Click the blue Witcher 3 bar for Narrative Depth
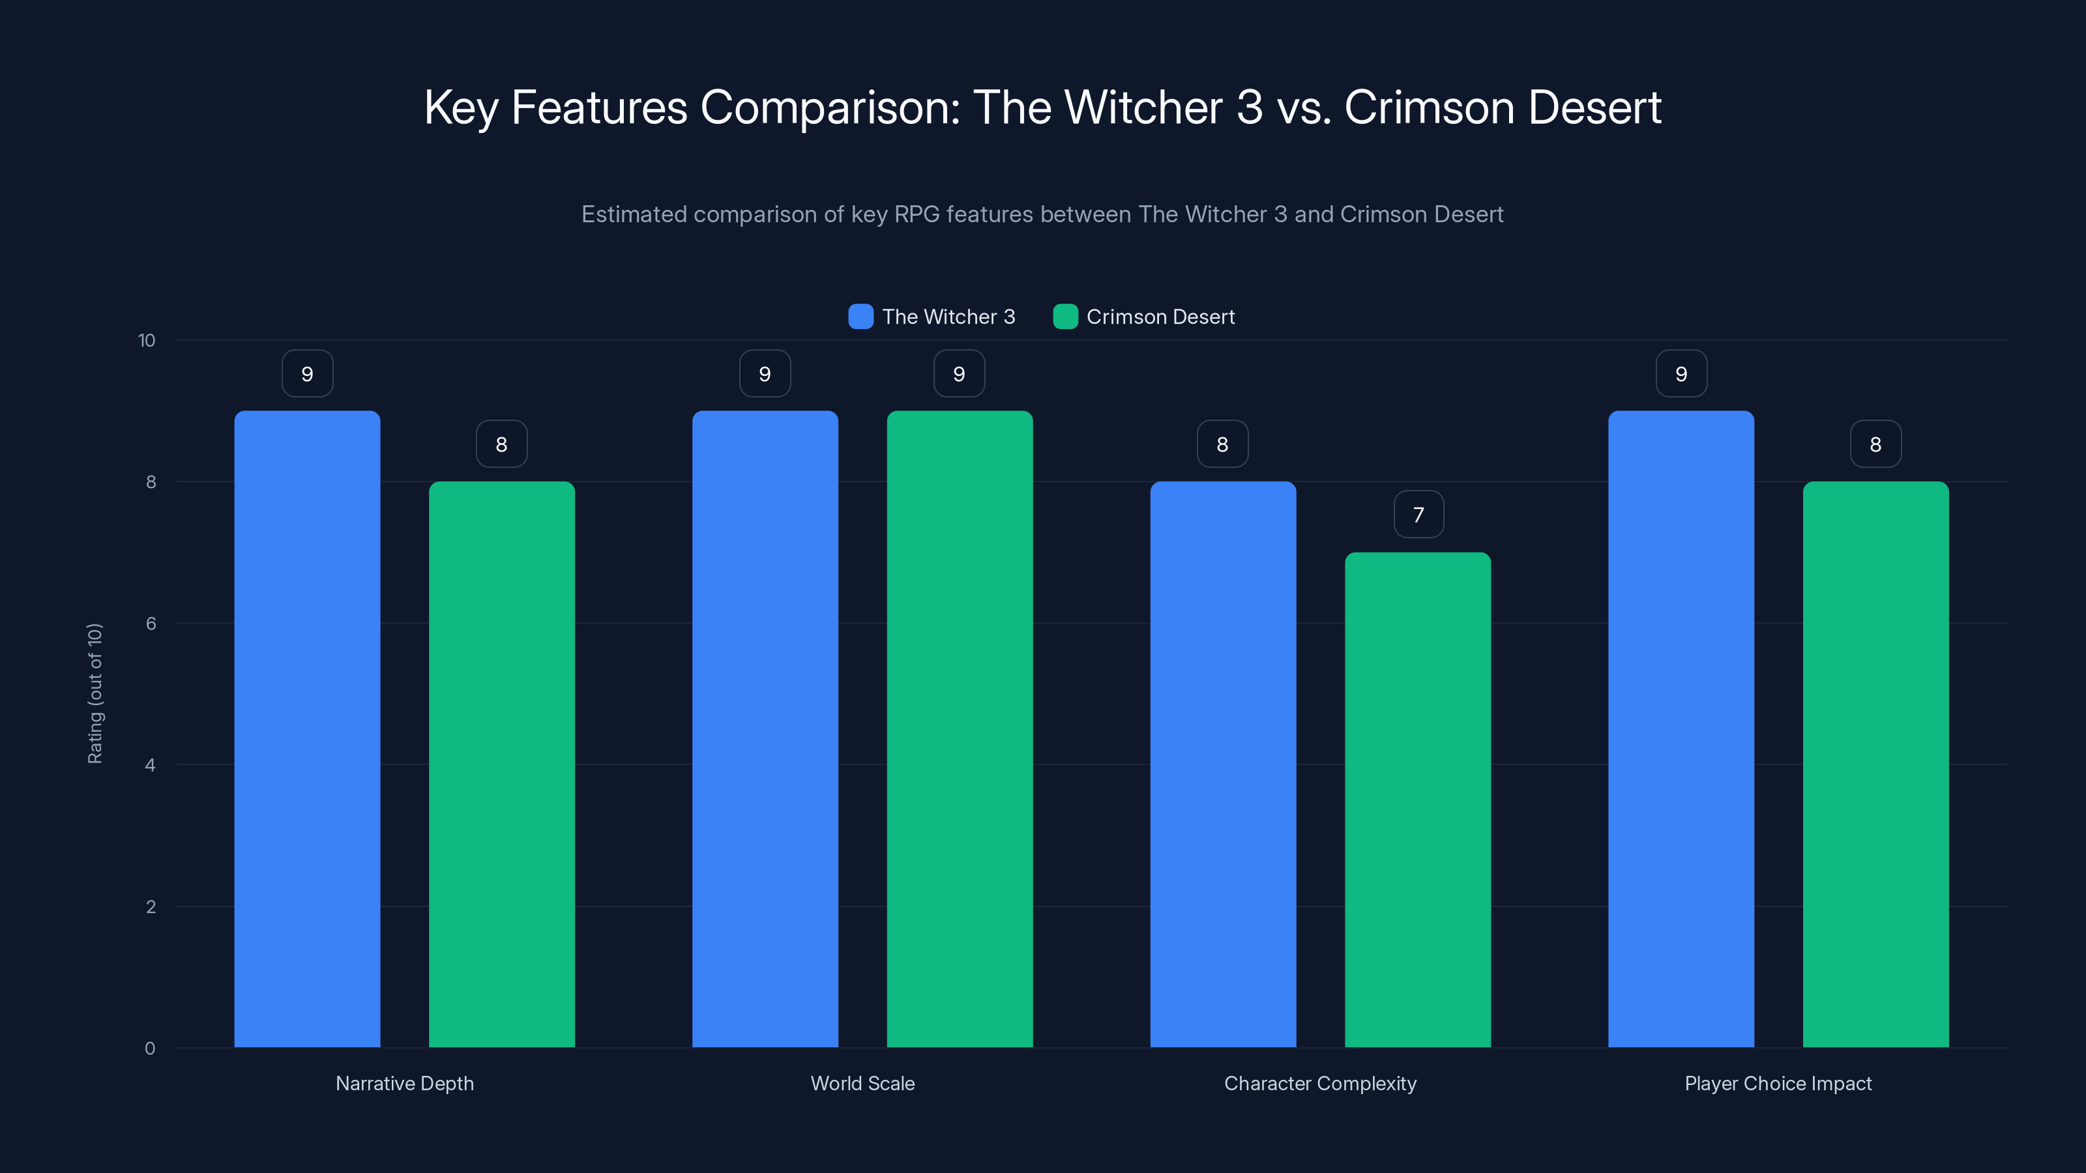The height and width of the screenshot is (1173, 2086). (x=307, y=729)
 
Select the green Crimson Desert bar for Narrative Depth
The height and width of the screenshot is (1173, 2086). (x=501, y=764)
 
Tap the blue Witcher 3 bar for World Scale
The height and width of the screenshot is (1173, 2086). (x=765, y=729)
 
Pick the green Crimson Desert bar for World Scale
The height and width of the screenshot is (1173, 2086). (x=960, y=729)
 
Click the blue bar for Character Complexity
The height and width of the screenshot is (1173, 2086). (x=1223, y=764)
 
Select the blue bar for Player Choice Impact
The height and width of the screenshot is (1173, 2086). (x=1681, y=729)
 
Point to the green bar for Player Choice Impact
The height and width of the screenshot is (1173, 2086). (x=1875, y=764)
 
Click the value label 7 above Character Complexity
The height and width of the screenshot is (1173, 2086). (x=1418, y=514)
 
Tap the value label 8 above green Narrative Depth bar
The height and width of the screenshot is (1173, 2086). (x=501, y=444)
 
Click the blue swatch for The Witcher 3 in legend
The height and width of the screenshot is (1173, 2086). (x=860, y=317)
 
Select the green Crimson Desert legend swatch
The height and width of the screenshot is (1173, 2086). (x=1065, y=317)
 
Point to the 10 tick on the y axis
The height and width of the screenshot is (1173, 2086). (x=147, y=340)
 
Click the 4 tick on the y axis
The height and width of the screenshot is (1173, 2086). (x=151, y=765)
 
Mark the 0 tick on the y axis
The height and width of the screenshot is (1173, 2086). (x=151, y=1049)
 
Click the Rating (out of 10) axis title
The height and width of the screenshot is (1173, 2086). (x=95, y=693)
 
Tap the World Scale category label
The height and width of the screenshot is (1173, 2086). (x=862, y=1083)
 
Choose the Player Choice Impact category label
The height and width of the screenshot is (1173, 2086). (x=1778, y=1083)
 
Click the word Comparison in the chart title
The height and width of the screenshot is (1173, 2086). (x=830, y=107)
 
